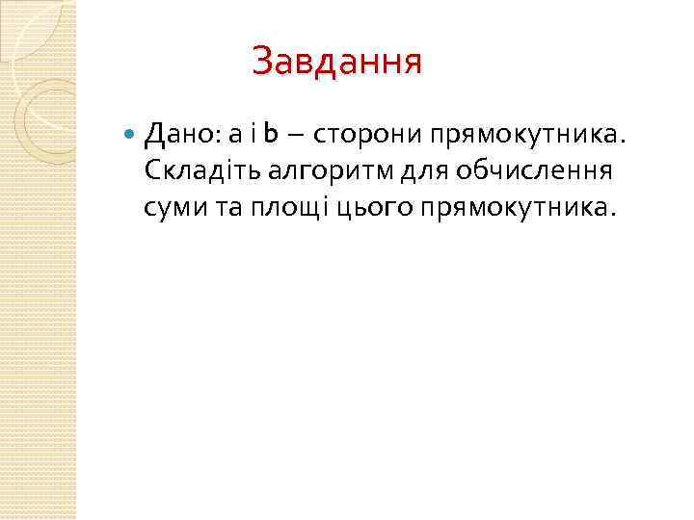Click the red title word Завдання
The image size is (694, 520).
(x=336, y=63)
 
